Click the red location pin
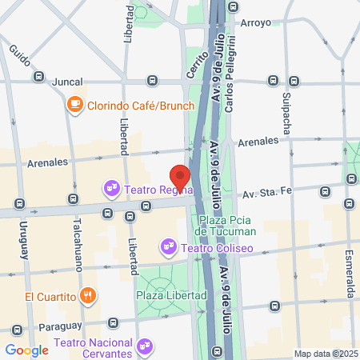180,177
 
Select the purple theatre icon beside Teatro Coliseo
168,248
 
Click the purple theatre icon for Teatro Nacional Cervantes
144,347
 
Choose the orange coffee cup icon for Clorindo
74,103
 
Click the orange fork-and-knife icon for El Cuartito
89,296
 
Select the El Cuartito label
50,297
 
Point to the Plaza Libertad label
171,295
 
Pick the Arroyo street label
256,23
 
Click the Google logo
26,350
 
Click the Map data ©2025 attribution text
325,354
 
